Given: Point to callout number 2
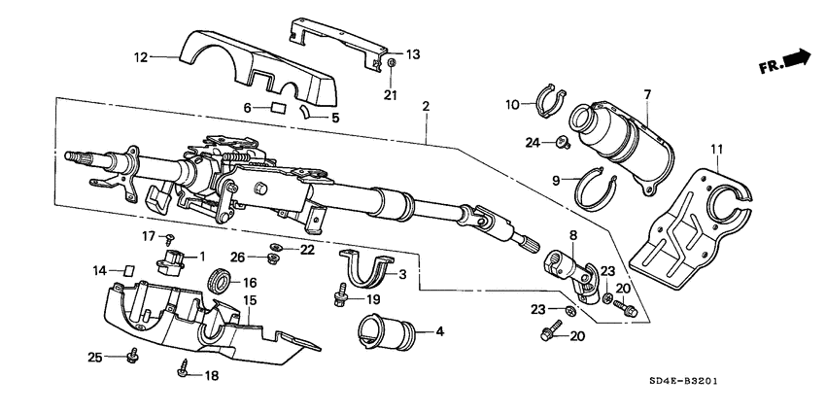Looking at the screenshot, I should click(x=425, y=105).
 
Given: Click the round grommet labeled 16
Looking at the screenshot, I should click(x=221, y=283).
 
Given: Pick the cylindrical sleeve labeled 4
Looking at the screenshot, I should click(x=386, y=330).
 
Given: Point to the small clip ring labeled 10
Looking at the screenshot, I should click(x=549, y=98).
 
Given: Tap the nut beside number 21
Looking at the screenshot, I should click(x=390, y=67).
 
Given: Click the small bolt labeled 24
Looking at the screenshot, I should click(x=562, y=145).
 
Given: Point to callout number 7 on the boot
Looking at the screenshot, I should click(x=646, y=93).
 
